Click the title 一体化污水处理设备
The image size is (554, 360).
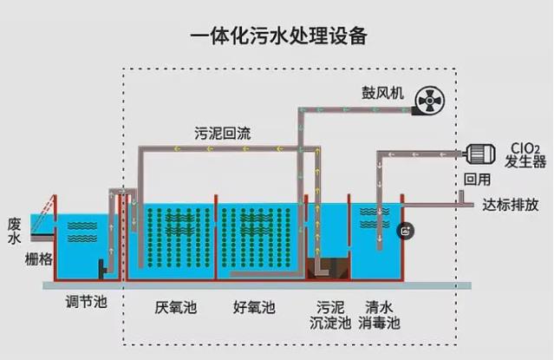(x=277, y=36)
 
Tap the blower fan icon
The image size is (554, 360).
(x=428, y=103)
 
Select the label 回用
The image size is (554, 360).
(x=477, y=180)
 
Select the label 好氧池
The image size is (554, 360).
(x=254, y=307)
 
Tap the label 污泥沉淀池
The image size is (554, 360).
(x=332, y=315)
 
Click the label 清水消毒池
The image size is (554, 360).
(x=380, y=315)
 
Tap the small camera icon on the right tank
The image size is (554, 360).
(x=406, y=231)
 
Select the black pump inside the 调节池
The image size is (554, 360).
(x=102, y=270)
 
